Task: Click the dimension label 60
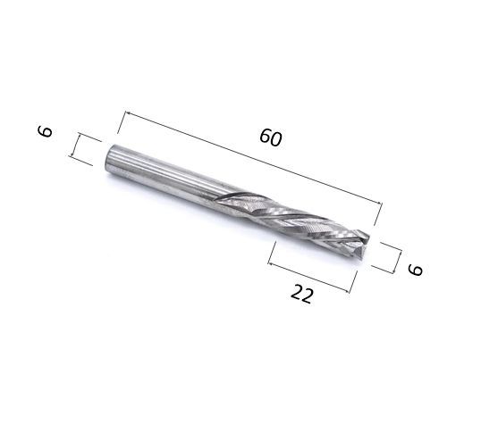click(270, 137)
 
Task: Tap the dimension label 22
click(302, 294)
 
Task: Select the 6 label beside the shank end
click(45, 131)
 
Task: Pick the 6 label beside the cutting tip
click(416, 270)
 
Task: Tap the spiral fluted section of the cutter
click(291, 223)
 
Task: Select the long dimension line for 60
click(253, 157)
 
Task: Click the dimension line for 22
click(309, 278)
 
